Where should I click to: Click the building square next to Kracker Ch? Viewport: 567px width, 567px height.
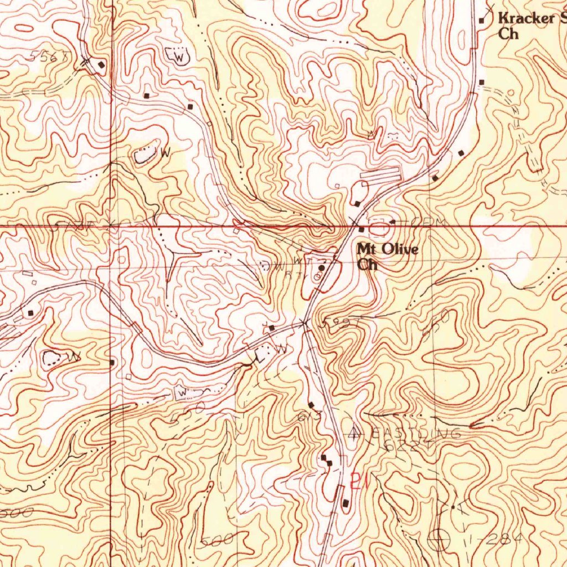pyautogui.click(x=482, y=21)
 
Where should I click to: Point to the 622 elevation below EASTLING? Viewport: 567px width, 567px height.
pyautogui.click(x=400, y=446)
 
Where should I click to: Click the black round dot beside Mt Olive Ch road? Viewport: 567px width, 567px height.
pyautogui.click(x=321, y=267)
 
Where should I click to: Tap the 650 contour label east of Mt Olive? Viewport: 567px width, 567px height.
pyautogui.click(x=435, y=323)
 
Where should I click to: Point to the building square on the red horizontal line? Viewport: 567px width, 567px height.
pyautogui.click(x=361, y=229)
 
